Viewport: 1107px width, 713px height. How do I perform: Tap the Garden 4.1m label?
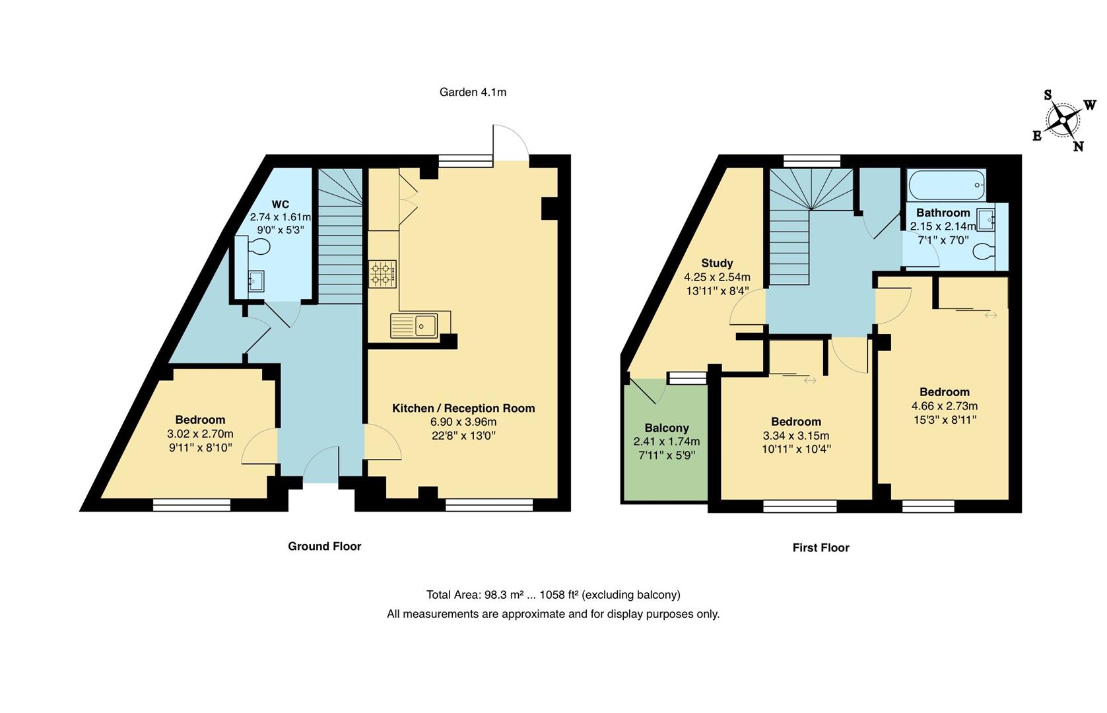473,92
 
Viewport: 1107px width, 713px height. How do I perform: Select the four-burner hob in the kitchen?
382,274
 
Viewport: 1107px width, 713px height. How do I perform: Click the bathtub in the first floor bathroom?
946,185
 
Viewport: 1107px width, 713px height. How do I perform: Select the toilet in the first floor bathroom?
986,252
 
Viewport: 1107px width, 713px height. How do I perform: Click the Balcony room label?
667,428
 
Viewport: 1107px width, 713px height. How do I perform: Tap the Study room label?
717,263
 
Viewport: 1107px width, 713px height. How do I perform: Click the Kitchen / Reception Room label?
463,408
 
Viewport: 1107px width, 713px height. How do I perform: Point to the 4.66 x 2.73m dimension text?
944,406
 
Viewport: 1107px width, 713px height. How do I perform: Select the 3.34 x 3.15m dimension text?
796,436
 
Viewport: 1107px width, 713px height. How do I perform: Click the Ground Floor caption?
324,546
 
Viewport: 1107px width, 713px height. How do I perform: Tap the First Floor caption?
821,547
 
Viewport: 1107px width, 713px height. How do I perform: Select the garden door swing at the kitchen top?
510,142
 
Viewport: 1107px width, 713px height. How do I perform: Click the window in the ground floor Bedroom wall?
191,505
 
